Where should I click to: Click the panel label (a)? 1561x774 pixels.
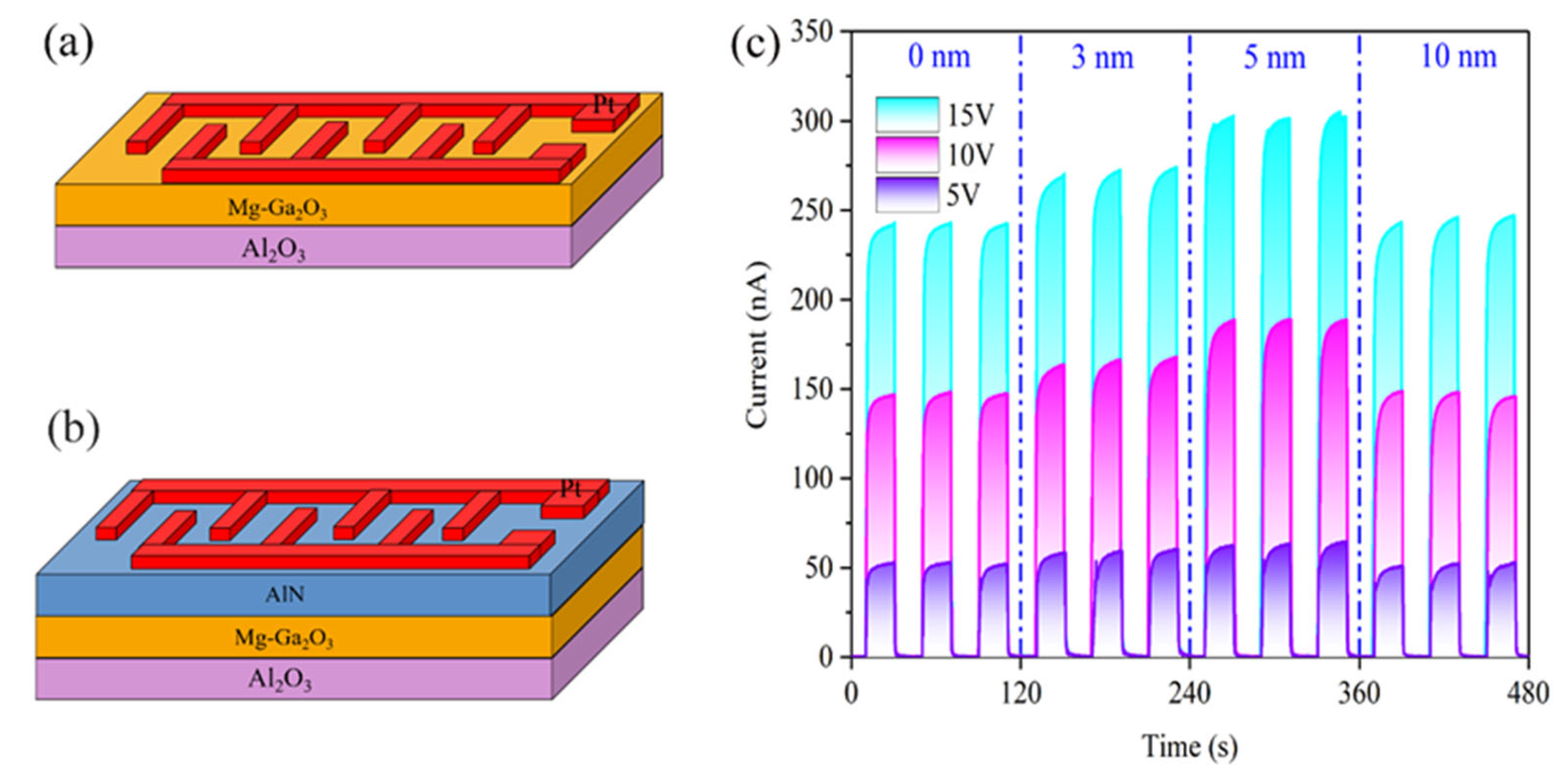[69, 46]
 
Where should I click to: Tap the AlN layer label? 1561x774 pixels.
[285, 594]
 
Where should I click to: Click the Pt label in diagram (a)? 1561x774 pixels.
[603, 105]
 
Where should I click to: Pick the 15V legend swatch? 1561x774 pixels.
[907, 114]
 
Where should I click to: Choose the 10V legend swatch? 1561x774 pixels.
[907, 155]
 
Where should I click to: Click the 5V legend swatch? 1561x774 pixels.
[907, 195]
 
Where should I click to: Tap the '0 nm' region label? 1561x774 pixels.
[939, 57]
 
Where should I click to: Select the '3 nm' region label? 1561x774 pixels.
[1102, 58]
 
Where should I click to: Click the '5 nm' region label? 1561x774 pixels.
[1274, 58]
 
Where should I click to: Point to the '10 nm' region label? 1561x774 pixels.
[1458, 57]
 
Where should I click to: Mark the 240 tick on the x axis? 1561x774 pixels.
[1189, 693]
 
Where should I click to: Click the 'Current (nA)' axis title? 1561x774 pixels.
[757, 345]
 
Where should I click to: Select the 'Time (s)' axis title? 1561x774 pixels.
[1189, 746]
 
